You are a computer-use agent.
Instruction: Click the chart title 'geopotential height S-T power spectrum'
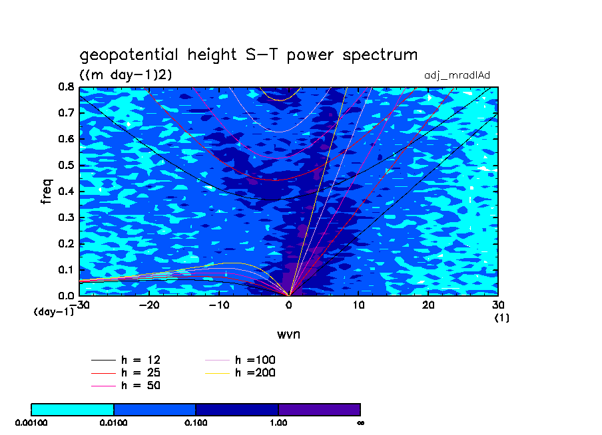(248, 55)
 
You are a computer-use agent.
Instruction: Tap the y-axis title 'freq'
(46, 191)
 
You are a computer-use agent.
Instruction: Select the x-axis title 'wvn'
(288, 334)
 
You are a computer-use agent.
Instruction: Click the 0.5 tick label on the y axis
(65, 166)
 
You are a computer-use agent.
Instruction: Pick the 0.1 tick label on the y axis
(65, 270)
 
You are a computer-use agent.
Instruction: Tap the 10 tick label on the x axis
(358, 304)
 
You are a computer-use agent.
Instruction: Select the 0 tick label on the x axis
(289, 304)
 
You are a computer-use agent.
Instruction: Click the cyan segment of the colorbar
(73, 408)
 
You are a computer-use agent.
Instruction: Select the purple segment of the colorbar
(319, 408)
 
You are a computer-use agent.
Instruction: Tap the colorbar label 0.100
(196, 422)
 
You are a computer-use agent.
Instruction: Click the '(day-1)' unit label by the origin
(53, 311)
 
